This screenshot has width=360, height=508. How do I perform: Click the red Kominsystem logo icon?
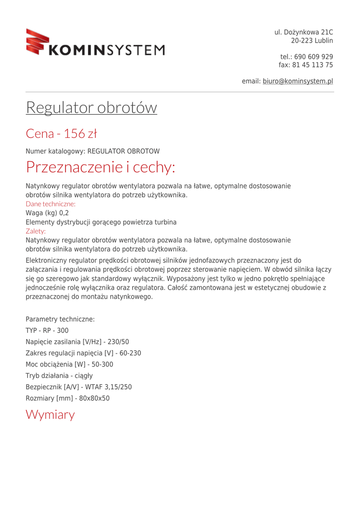click(x=38, y=42)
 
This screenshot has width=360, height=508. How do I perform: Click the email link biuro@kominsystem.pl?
click(x=297, y=81)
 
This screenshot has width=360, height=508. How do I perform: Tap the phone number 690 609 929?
click(x=313, y=57)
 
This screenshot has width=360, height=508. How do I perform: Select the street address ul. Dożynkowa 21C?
click(x=303, y=33)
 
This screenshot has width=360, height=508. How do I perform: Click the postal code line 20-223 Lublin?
click(x=312, y=41)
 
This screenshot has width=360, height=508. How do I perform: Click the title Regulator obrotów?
click(x=91, y=108)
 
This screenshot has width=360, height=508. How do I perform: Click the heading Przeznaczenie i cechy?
click(x=100, y=168)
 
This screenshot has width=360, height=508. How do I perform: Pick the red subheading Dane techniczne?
click(x=51, y=204)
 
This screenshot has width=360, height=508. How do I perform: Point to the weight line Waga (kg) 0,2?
click(x=47, y=213)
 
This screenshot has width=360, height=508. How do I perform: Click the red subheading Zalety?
click(x=36, y=231)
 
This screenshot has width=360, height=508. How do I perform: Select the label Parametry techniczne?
click(x=60, y=319)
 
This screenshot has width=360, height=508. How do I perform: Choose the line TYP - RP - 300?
click(x=47, y=330)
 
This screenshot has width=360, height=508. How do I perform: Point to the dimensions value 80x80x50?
click(x=94, y=398)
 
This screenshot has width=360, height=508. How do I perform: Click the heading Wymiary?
click(x=50, y=415)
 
